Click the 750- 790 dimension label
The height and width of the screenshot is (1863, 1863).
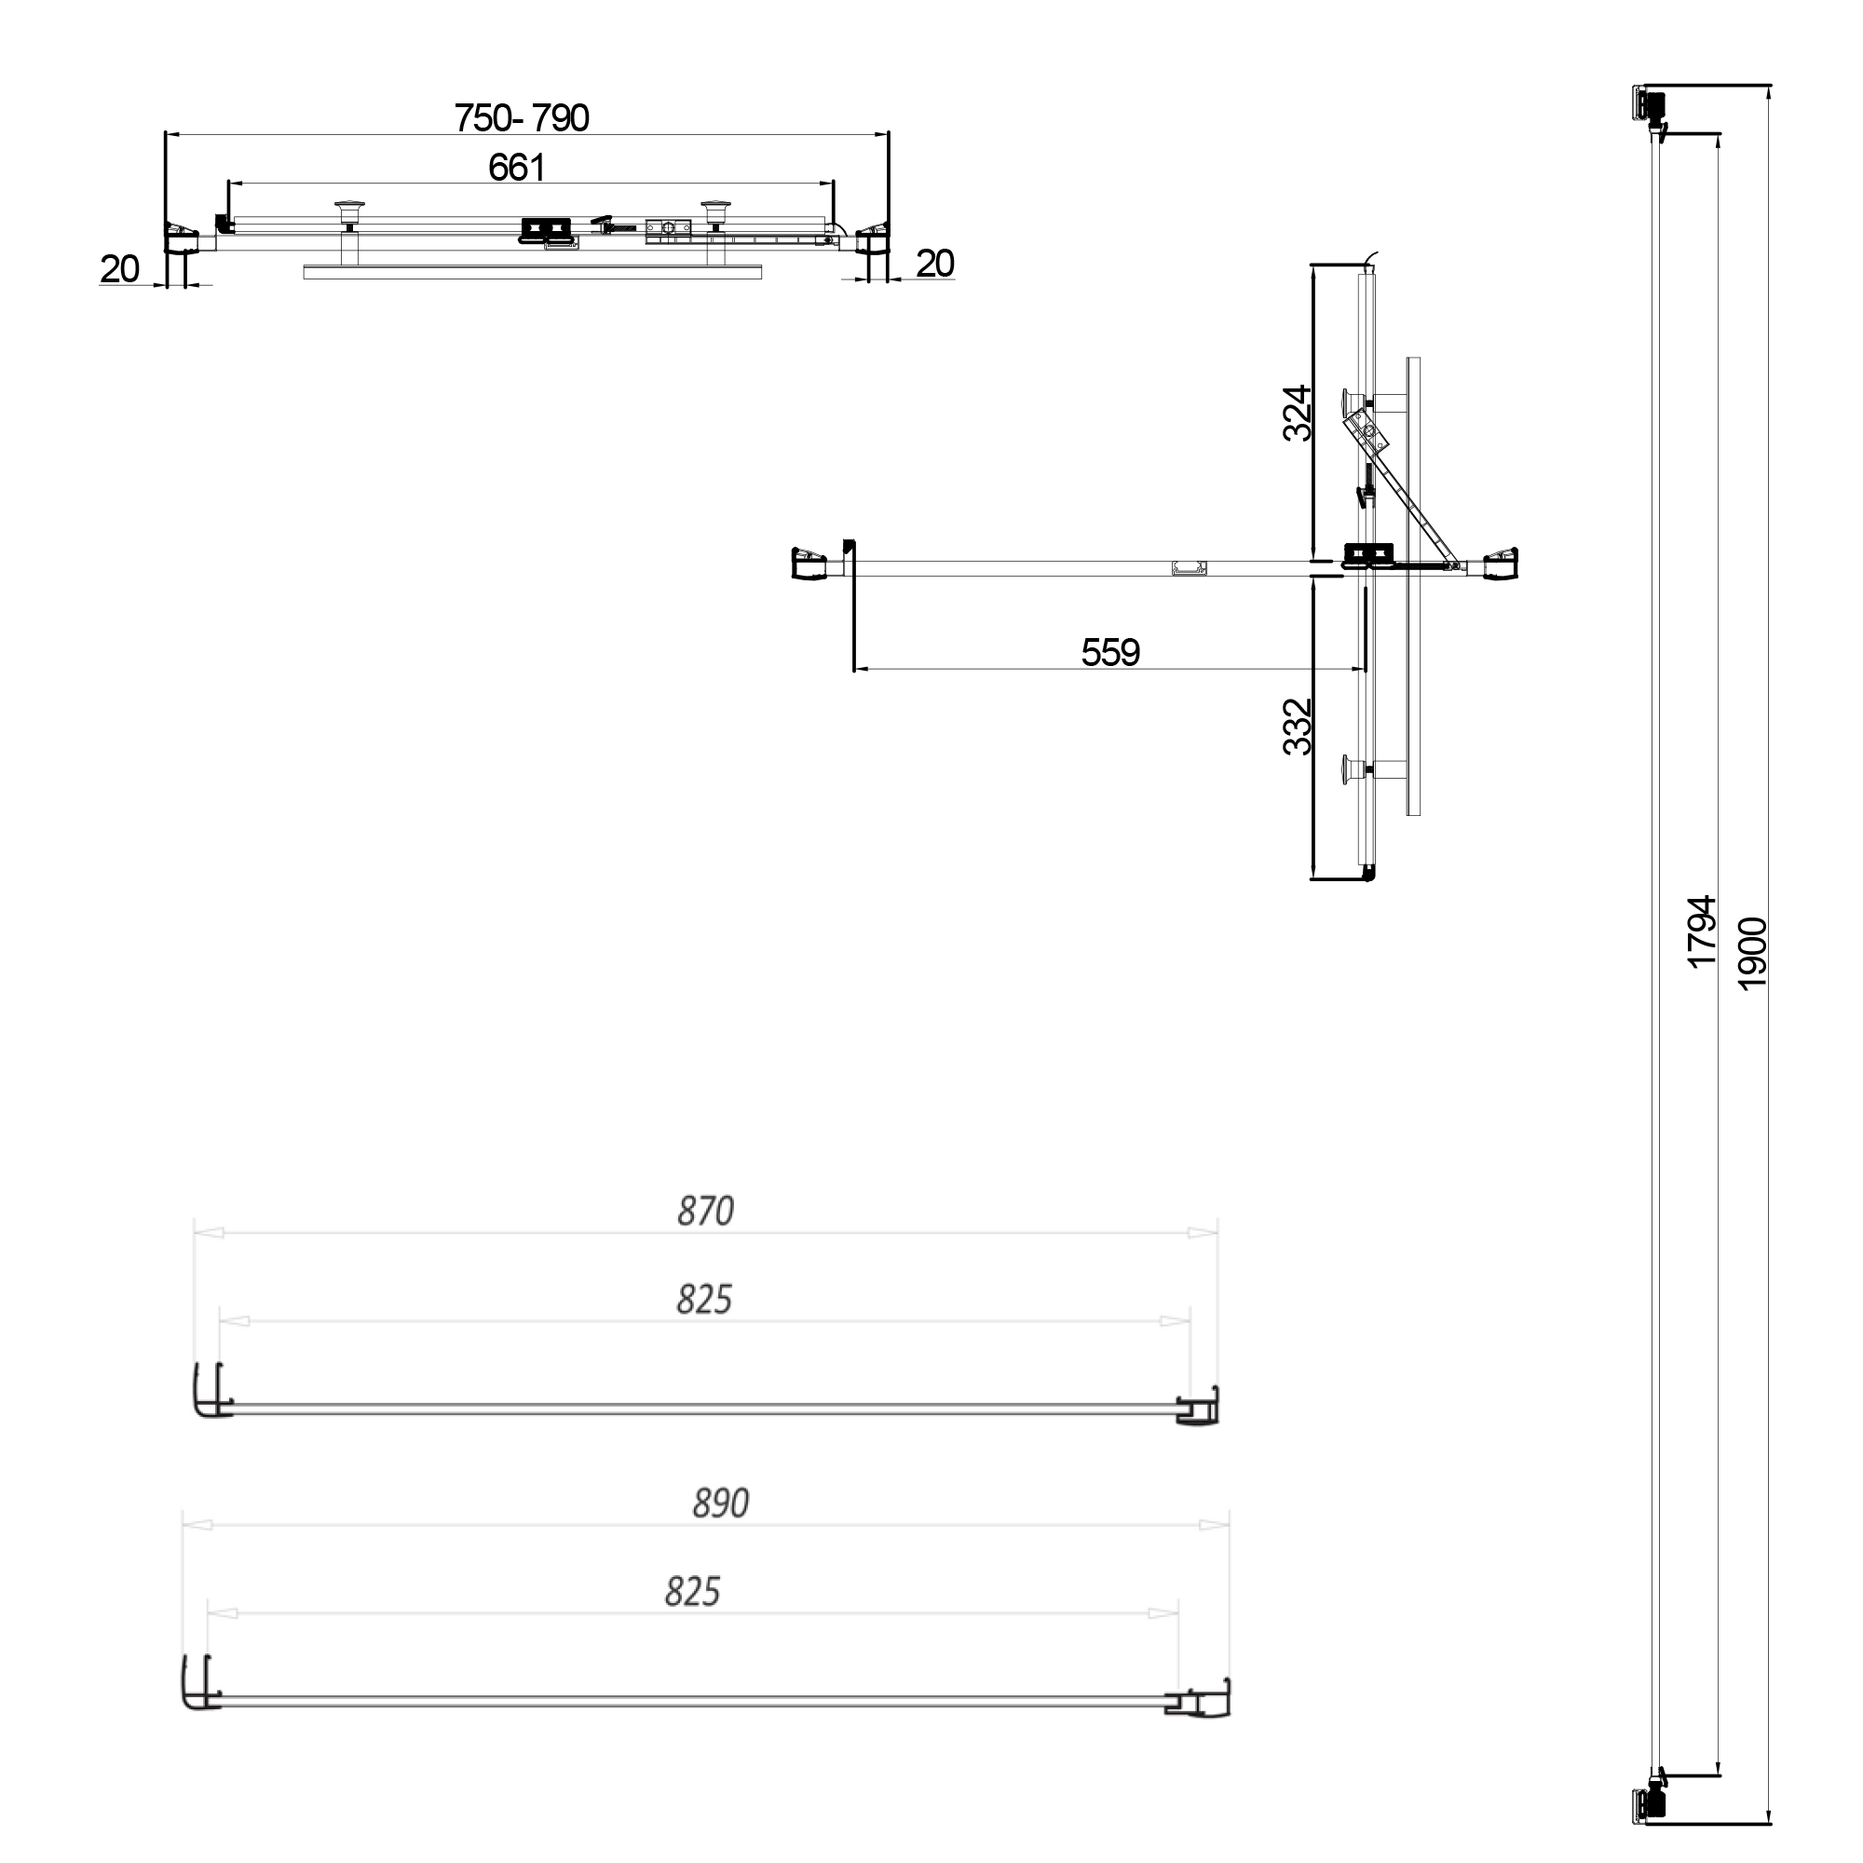pos(522,118)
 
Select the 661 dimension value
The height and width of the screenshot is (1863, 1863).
pos(517,169)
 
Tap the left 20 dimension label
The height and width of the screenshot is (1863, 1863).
pos(119,270)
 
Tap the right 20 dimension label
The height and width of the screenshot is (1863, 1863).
pos(934,265)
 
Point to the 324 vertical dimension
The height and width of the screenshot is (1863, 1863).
pos(1298,413)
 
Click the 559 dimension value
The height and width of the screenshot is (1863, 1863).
pos(1110,653)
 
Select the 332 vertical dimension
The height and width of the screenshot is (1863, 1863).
pos(1298,728)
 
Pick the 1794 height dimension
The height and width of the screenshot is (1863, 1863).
pos(1702,931)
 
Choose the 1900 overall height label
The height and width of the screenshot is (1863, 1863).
pos(1751,953)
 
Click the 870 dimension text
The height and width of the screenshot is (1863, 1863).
pos(705,1211)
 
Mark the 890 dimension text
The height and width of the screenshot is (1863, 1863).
pos(720,1503)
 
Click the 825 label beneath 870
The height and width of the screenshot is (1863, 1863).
pos(704,1299)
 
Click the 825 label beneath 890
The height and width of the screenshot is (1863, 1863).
pos(692,1592)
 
